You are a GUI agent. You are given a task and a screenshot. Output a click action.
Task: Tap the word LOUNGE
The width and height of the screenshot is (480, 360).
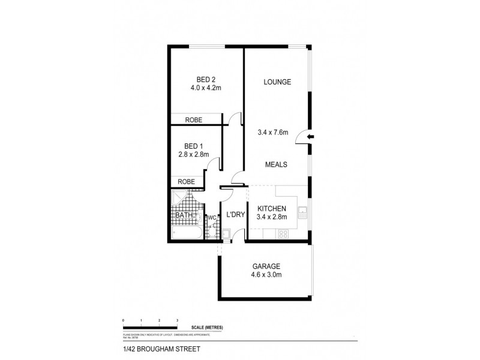pos(277,82)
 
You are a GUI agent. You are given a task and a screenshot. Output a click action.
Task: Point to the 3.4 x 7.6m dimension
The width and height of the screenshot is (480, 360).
pos(273,132)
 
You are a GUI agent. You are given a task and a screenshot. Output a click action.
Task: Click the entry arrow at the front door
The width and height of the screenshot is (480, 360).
pos(310,137)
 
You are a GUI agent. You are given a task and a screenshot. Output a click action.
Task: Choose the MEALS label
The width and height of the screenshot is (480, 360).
pos(277,164)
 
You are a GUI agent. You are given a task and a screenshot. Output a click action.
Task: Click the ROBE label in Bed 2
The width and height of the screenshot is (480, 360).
pos(193,120)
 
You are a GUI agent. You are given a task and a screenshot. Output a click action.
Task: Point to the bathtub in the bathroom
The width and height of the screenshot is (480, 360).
pos(187,231)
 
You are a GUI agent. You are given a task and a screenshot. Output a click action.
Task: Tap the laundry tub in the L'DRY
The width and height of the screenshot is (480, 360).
pos(227,234)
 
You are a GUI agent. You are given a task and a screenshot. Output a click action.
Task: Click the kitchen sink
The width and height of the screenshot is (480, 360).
pos(303,211)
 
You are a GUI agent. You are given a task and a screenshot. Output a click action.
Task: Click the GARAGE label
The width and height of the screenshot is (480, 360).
pos(266,266)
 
